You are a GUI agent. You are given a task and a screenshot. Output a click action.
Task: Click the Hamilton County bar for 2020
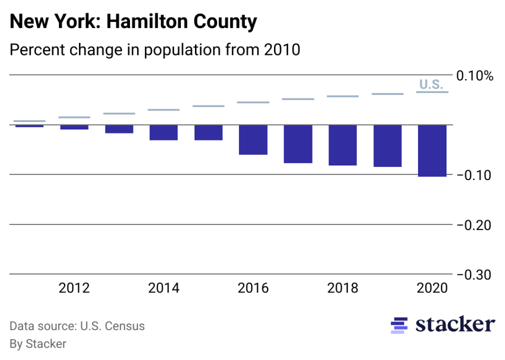pos(432,150)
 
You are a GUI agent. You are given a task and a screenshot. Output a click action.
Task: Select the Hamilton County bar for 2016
pos(253,139)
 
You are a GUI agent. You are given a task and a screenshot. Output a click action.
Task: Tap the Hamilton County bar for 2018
pos(342,145)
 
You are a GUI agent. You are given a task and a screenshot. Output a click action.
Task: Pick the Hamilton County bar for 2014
pos(163,132)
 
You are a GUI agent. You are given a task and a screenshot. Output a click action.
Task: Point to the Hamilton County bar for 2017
pos(298,144)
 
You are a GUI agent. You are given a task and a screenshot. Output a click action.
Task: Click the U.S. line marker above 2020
pos(432,92)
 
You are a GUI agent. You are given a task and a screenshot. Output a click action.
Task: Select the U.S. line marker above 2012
pos(74,117)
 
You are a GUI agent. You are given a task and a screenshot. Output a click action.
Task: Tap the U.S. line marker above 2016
pos(253,102)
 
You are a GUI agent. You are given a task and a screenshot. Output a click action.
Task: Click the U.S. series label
pos(431,84)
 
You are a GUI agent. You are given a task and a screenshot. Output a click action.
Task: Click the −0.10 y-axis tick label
pos(474,175)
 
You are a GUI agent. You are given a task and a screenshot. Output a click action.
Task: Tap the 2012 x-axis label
pos(74,288)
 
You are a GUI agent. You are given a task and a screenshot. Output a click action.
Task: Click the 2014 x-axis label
pos(163,288)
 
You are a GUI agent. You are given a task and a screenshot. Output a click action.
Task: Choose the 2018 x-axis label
pos(342,288)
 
